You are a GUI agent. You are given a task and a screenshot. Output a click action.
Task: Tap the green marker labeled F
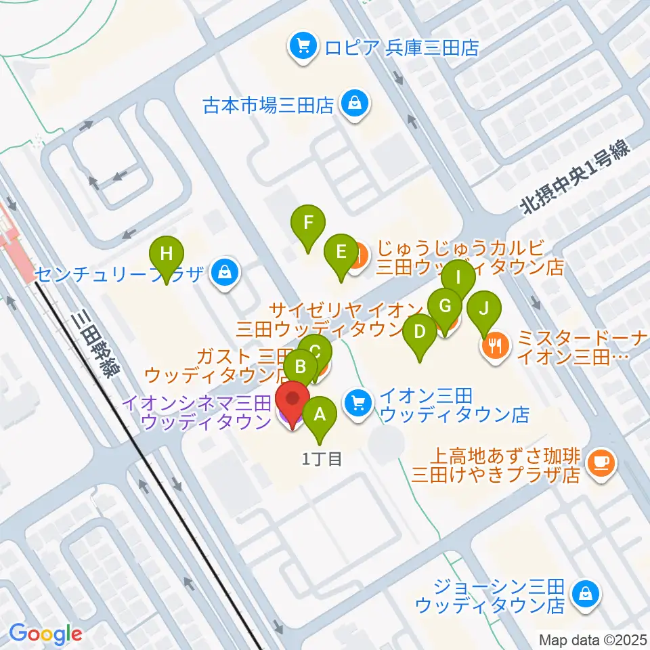[x=308, y=223]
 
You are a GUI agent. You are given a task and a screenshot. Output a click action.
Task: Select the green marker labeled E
[x=341, y=252]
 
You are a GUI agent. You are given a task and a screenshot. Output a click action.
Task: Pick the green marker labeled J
[x=483, y=308]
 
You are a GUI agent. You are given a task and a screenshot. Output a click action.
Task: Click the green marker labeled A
[x=320, y=414]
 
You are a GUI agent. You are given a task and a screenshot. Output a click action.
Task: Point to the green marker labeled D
[x=420, y=332]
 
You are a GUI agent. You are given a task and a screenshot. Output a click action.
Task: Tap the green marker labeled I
[x=458, y=277]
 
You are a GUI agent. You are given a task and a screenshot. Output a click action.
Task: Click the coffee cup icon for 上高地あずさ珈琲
[x=600, y=462]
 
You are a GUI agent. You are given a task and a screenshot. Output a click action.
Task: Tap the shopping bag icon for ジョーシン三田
[x=583, y=594]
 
